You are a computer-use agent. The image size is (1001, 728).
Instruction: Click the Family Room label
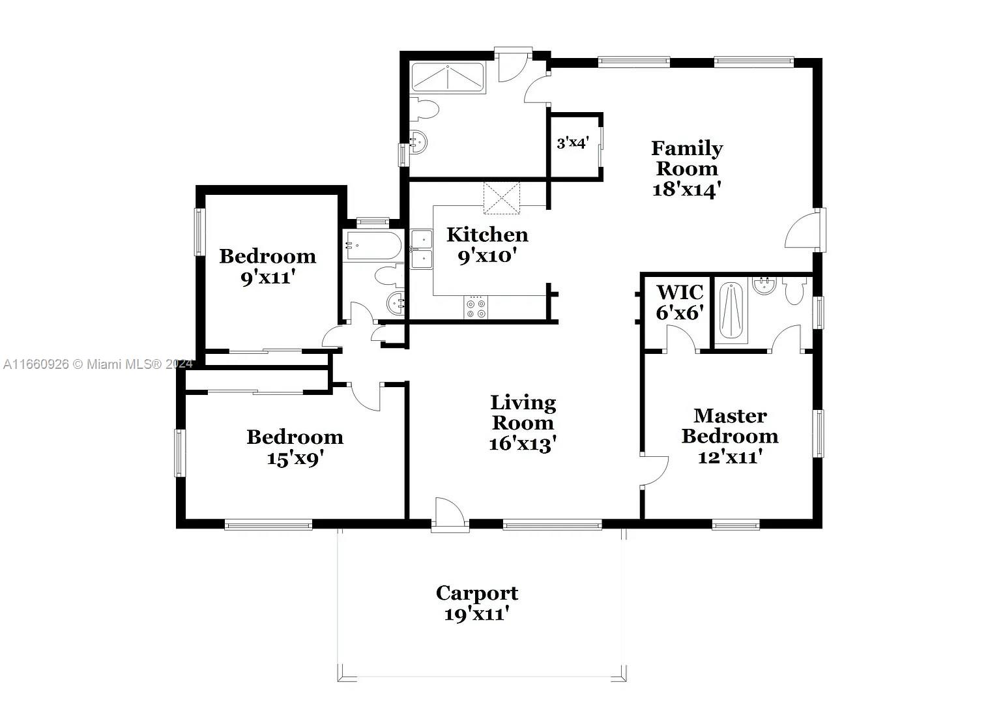[x=687, y=158]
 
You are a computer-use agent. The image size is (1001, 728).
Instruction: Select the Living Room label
[x=523, y=413]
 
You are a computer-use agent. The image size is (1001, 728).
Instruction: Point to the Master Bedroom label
[x=730, y=426]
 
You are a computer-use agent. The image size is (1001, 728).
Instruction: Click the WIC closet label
[x=680, y=293]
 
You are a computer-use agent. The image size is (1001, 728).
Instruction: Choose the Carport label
[x=477, y=593]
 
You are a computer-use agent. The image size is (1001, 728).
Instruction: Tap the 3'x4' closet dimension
[x=572, y=143]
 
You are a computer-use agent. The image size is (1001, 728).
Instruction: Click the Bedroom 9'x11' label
[x=268, y=267]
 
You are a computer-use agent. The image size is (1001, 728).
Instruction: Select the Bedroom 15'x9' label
[x=295, y=447]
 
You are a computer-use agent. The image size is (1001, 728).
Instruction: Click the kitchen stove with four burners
[x=476, y=307]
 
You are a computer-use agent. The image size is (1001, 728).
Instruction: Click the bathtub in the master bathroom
[x=731, y=311]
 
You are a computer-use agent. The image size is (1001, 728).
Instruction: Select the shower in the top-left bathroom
[x=447, y=78]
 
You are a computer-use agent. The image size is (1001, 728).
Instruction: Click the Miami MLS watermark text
[x=98, y=364]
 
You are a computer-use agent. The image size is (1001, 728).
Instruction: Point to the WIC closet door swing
[x=681, y=338]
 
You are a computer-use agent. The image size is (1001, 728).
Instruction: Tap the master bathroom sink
[x=764, y=285]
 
